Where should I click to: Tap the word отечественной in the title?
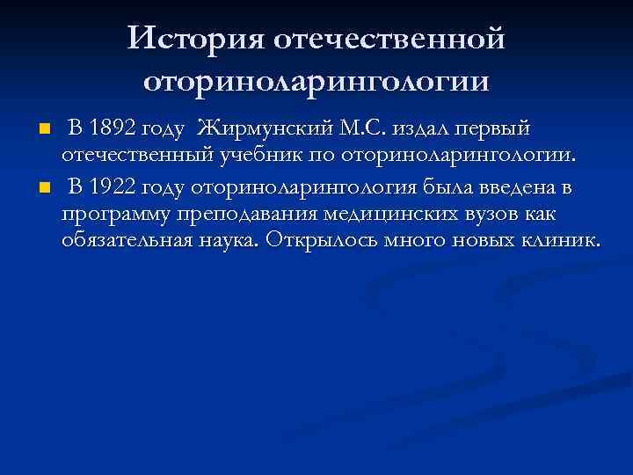[389, 39]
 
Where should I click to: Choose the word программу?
[119, 214]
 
